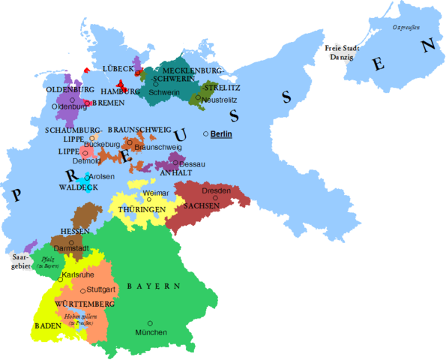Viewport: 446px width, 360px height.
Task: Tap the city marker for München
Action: (150, 323)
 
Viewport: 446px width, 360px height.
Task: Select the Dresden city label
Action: (217, 191)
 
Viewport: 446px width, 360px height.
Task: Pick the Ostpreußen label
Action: (406, 28)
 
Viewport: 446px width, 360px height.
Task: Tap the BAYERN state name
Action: (154, 286)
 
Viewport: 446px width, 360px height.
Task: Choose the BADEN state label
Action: (47, 326)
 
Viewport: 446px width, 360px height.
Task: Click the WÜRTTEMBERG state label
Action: (85, 304)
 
